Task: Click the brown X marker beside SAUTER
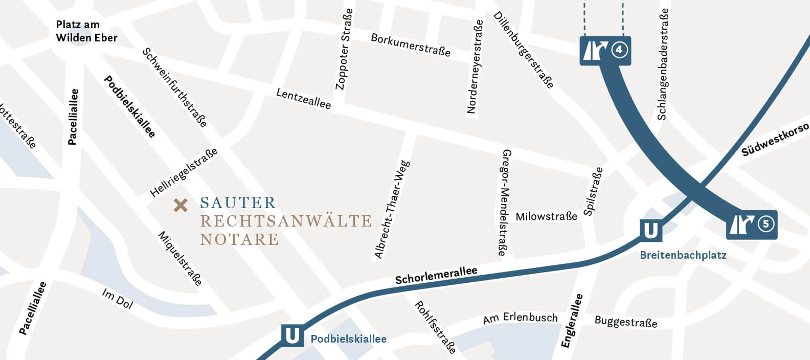coord(181,205)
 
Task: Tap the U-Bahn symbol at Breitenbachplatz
coord(650,231)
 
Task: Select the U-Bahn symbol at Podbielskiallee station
coord(292,336)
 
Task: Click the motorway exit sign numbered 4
coord(605,50)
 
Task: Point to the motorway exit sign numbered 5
coord(752,224)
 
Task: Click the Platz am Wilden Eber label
coord(86,31)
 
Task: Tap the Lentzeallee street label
coord(303,98)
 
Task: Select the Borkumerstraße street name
coord(411,45)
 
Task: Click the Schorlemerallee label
coord(436,275)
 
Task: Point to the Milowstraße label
coord(546,216)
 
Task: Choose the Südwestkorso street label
coord(775,139)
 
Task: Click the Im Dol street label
coord(117,299)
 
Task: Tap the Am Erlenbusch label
coord(520,318)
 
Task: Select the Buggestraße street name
coord(625,322)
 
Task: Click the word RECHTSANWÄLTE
coord(286,221)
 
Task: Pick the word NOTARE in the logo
coord(239,239)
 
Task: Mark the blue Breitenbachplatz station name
coord(683,255)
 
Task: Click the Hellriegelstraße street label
coord(184,172)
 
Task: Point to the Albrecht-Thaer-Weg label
coord(392,210)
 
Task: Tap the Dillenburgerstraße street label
coord(523,50)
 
